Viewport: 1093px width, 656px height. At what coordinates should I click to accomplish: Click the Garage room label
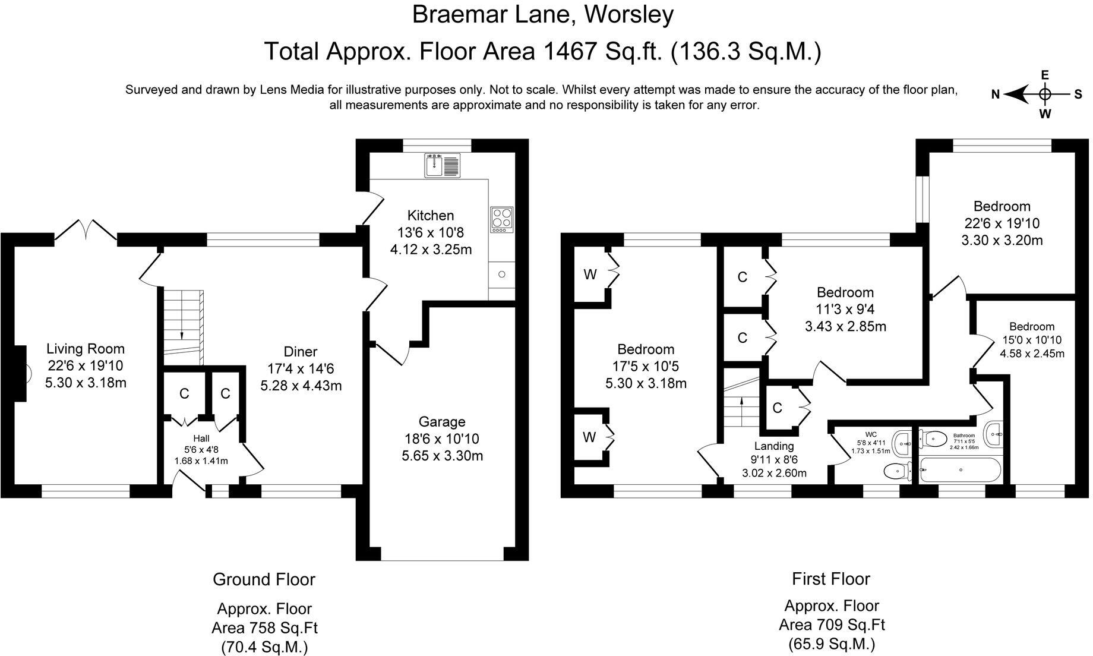[x=441, y=422]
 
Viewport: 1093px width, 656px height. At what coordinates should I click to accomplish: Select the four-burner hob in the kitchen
[x=502, y=219]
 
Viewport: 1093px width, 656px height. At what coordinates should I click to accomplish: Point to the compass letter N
[x=996, y=94]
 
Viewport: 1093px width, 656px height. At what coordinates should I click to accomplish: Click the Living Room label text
[x=86, y=349]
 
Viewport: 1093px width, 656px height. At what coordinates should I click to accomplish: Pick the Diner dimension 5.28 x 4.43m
[x=301, y=386]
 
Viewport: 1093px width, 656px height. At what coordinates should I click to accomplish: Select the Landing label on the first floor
[x=774, y=446]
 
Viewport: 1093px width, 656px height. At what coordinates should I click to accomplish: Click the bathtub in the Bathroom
[x=960, y=469]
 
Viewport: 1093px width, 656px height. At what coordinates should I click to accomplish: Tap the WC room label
[x=871, y=434]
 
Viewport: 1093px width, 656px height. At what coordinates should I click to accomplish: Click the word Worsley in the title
[x=629, y=15]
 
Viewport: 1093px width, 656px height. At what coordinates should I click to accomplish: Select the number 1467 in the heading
[x=570, y=52]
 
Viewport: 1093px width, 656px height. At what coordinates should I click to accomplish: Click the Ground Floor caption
[x=264, y=579]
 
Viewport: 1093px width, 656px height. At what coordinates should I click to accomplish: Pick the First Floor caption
[x=830, y=579]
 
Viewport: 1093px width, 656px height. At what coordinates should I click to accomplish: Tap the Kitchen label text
[x=431, y=215]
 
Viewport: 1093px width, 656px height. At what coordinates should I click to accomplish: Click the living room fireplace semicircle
[x=29, y=374]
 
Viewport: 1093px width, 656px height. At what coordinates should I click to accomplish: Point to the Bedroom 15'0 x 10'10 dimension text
[x=1032, y=340]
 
